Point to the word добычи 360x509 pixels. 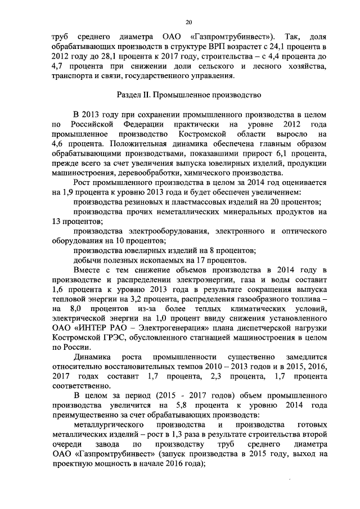[86, 260]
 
